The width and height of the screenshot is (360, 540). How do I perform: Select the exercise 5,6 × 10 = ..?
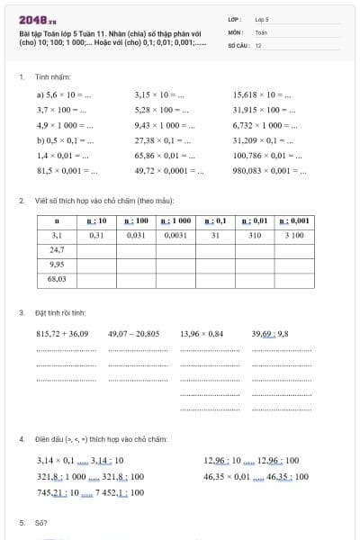[66, 93]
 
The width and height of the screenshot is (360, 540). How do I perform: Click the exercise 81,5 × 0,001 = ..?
[67, 169]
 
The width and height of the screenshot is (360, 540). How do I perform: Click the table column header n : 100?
[136, 220]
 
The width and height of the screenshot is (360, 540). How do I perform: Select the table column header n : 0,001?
[293, 220]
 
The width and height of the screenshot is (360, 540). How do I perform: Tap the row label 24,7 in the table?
[57, 249]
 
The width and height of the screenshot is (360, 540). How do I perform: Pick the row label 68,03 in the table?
[57, 279]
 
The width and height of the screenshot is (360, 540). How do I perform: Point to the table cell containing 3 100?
[293, 235]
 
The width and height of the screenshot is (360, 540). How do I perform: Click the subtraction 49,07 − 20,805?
[133, 334]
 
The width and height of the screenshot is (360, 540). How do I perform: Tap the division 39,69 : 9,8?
[269, 334]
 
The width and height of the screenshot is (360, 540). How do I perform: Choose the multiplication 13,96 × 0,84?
[202, 334]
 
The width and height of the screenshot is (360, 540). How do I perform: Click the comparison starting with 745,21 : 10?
[90, 492]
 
